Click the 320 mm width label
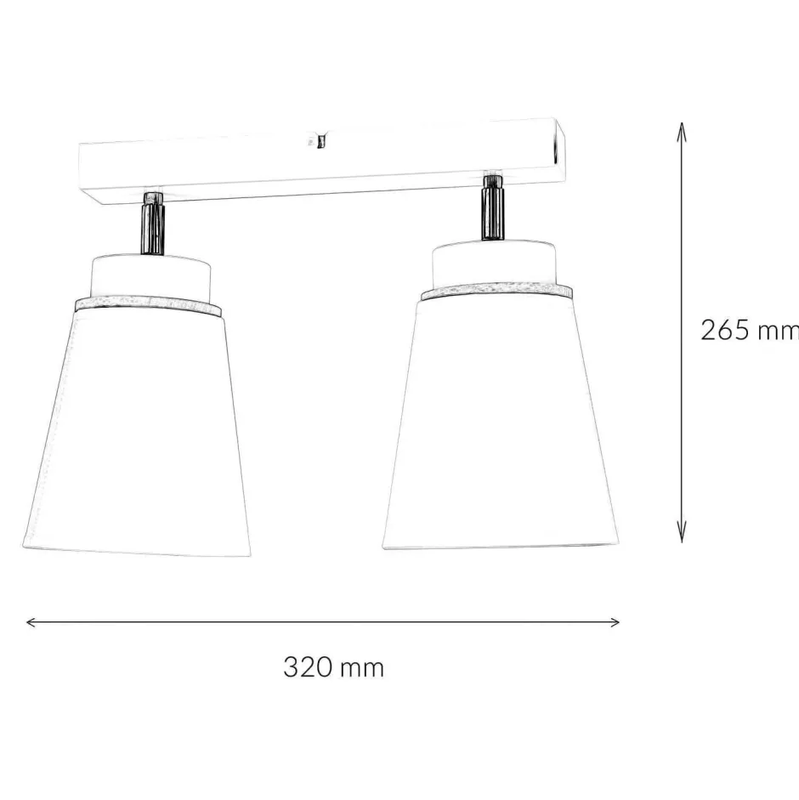coord(333,667)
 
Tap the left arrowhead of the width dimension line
coord(31,622)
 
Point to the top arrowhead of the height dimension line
coord(681,128)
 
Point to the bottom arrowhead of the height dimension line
coord(681,536)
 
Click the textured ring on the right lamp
coord(496,292)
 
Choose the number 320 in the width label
coord(306,667)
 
